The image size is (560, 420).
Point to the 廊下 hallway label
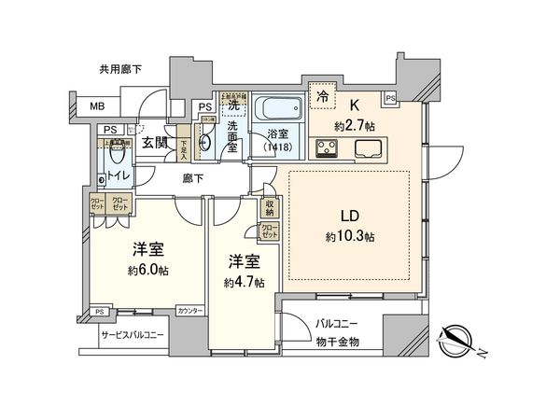tap(193, 177)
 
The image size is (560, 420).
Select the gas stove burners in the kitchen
tap(330, 147)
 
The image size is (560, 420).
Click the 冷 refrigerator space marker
tap(321, 94)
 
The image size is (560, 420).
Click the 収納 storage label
tap(269, 209)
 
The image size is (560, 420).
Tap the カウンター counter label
tap(188, 311)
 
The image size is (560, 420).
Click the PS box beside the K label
tap(389, 98)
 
